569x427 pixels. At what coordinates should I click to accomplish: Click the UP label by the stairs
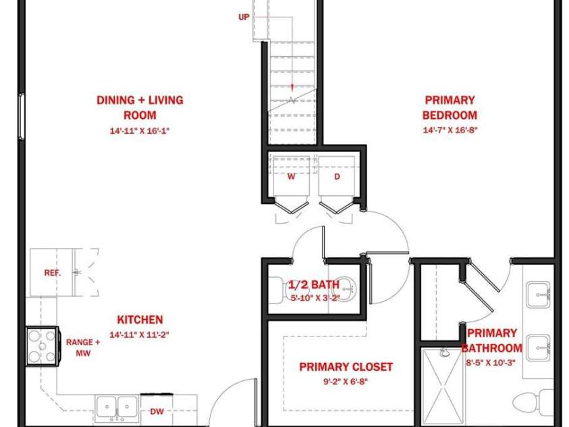click(244, 17)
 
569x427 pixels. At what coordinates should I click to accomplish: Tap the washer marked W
click(292, 177)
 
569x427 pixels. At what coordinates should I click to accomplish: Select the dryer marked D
click(337, 177)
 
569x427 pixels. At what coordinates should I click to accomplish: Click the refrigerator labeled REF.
click(52, 272)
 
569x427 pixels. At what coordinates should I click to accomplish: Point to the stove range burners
click(42, 347)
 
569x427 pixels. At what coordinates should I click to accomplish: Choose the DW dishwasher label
click(157, 411)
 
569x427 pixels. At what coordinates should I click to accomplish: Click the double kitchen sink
click(117, 408)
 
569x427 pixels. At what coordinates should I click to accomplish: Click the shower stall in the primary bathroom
click(443, 387)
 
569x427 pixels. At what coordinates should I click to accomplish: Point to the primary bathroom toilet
click(533, 402)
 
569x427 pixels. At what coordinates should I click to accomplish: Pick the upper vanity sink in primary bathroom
click(539, 294)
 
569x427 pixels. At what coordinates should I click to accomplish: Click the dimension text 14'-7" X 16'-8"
click(450, 130)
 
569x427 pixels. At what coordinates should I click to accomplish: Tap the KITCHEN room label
click(140, 320)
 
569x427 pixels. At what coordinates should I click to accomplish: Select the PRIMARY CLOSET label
click(346, 367)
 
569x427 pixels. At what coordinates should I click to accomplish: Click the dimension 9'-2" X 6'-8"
click(346, 382)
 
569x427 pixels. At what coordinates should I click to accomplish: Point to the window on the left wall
click(22, 116)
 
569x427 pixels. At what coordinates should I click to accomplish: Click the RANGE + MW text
click(83, 347)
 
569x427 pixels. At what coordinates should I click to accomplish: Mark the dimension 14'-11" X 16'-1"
click(140, 130)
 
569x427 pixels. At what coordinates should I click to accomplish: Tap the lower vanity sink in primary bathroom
click(539, 349)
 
